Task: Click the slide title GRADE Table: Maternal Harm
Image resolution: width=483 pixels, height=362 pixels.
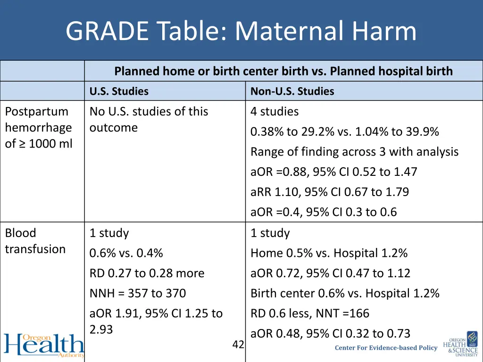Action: tap(241, 32)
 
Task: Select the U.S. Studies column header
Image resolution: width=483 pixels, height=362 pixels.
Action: tap(119, 91)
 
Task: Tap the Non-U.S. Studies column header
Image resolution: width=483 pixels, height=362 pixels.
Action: tap(292, 91)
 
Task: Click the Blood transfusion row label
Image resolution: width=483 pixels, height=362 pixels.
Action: tap(35, 241)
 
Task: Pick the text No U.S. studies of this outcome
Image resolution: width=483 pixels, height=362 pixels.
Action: tap(149, 119)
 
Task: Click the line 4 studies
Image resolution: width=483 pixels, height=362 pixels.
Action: tap(275, 112)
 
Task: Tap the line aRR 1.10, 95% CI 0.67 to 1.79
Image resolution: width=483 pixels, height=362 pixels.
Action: tap(330, 192)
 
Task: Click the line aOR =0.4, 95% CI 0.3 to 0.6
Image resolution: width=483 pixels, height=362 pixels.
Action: tap(324, 212)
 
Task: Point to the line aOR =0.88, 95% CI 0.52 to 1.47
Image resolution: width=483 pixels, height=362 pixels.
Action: tap(334, 172)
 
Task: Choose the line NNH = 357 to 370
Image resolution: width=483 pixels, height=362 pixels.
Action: tap(138, 293)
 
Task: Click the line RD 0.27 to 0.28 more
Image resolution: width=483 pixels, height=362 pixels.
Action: tap(147, 273)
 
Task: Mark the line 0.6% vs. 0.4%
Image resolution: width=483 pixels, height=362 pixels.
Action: tap(126, 253)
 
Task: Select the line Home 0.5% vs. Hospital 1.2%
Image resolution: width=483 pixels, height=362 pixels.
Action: tap(329, 253)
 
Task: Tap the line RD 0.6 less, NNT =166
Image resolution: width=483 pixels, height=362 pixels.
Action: tap(310, 313)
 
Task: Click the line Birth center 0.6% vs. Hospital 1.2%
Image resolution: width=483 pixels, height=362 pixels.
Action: tap(345, 293)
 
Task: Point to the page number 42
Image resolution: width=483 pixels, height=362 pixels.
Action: tap(238, 345)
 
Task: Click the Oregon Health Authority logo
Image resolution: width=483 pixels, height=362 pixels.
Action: tap(43, 346)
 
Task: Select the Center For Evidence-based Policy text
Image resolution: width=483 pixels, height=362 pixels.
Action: tap(386, 348)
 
